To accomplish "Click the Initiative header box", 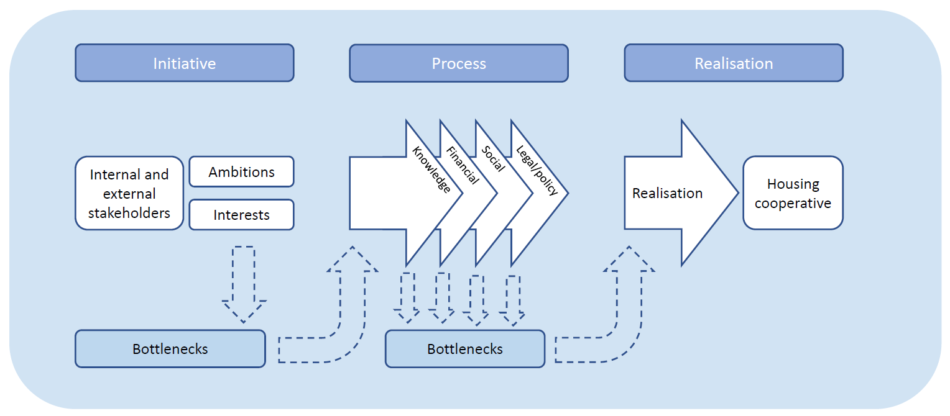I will (184, 63).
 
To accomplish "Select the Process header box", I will (458, 63).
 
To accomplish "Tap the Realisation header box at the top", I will (734, 63).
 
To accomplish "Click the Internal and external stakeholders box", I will (129, 193).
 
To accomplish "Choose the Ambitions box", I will (241, 172).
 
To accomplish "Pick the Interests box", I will (241, 215).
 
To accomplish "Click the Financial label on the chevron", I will (463, 165).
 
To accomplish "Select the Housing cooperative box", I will (793, 193).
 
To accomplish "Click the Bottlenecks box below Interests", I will (170, 348).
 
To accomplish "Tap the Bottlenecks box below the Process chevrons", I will (464, 349).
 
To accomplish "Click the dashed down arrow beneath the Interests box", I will (244, 283).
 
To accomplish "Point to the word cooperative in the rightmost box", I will (793, 204).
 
